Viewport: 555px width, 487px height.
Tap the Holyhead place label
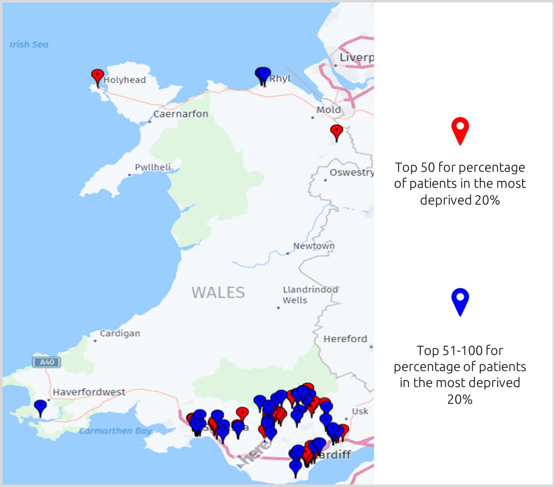[125, 80]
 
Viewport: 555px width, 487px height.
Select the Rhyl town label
[280, 78]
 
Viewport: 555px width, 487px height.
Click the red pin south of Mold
[336, 131]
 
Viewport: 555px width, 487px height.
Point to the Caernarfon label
[181, 114]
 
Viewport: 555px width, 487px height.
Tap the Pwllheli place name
[152, 167]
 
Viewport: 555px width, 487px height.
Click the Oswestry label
[351, 172]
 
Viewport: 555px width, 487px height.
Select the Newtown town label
[314, 246]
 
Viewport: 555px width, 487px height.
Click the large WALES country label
[218, 292]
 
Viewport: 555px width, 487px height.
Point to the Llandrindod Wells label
[310, 295]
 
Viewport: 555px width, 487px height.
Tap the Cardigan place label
[120, 333]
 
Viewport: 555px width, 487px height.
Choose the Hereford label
[345, 339]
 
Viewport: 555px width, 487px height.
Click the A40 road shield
[47, 362]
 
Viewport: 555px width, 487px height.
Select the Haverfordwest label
[89, 392]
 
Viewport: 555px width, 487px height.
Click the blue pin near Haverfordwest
[40, 406]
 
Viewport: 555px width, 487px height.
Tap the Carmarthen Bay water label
[115, 431]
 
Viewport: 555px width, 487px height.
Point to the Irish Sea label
[29, 44]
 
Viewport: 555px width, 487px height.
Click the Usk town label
[360, 411]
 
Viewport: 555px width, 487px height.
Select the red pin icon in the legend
[460, 130]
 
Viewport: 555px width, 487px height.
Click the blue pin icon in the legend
[460, 301]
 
